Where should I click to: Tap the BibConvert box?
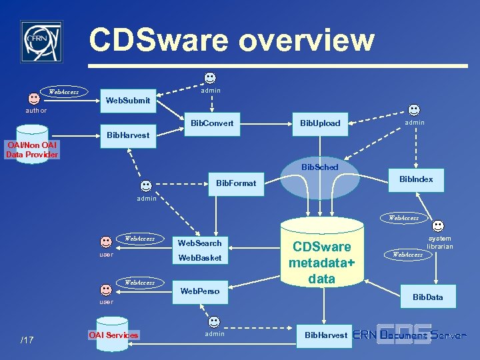[x=212, y=123]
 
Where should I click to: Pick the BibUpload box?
[x=320, y=123]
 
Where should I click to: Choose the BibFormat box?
[x=236, y=183]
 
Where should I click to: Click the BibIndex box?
[x=416, y=179]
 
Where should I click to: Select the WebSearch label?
[x=199, y=243]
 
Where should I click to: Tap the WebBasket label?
[x=199, y=257]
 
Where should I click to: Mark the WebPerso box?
[x=199, y=291]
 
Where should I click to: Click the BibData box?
[x=427, y=297]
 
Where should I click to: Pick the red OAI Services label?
[x=113, y=335]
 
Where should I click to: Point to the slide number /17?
[x=27, y=341]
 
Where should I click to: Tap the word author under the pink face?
[x=36, y=111]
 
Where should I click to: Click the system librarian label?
[x=439, y=243]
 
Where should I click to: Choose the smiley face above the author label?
[x=34, y=98]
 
